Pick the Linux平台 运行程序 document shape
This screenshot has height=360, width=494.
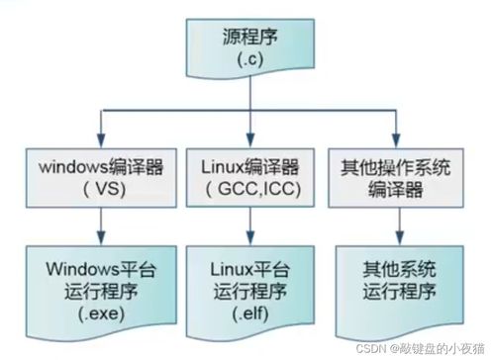[x=248, y=287]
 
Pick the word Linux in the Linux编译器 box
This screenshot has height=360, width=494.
[x=227, y=163]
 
